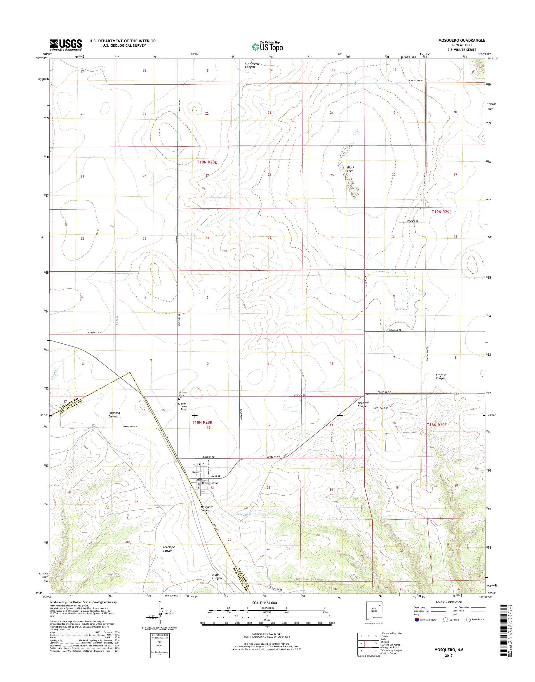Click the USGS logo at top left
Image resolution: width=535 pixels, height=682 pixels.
[x=66, y=45]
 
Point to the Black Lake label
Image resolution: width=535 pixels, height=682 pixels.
[x=350, y=169]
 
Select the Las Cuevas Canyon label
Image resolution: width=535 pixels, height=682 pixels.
[x=252, y=65]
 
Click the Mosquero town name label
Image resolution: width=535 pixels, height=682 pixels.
[x=210, y=492]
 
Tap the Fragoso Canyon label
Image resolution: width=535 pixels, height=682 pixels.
[x=441, y=376]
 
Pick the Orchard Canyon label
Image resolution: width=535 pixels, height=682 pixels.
[x=363, y=404]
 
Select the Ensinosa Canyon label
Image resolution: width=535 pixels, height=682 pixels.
[x=113, y=415]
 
